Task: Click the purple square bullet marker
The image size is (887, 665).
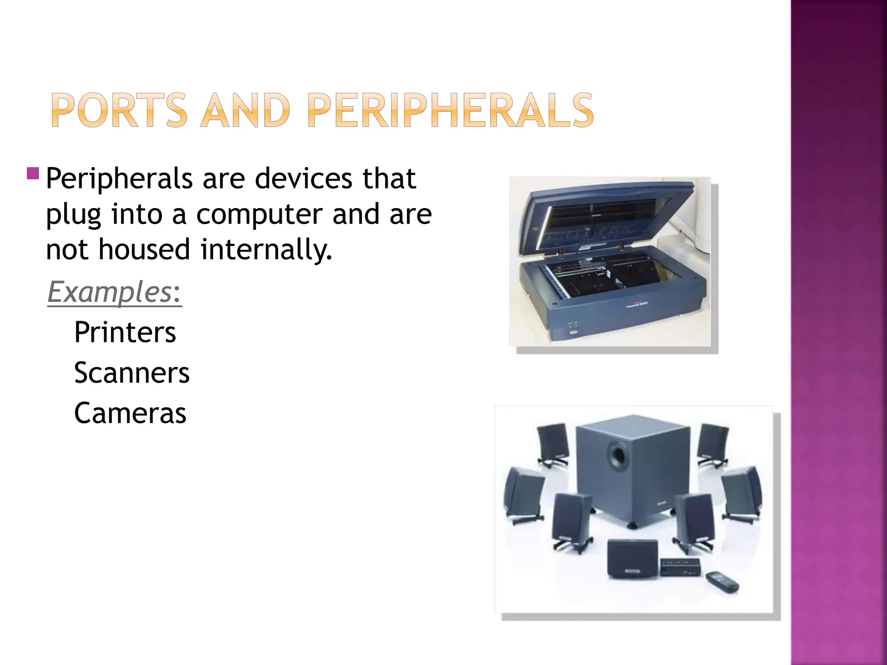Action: (x=33, y=174)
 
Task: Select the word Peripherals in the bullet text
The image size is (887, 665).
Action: (x=119, y=179)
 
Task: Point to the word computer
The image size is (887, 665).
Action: (x=259, y=214)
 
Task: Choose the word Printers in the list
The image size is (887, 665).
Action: (x=125, y=332)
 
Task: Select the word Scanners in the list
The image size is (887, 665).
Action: (x=132, y=373)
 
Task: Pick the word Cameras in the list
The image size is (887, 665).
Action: (x=130, y=413)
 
